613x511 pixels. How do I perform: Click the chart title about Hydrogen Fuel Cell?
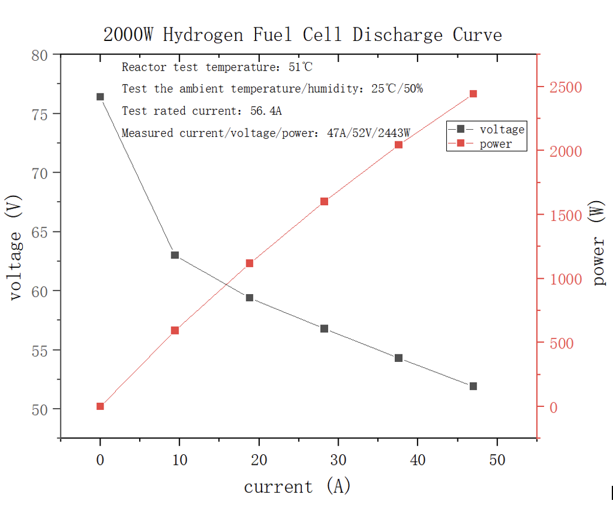coord(302,34)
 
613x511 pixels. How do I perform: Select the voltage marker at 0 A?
coord(100,97)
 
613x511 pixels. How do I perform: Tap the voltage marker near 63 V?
coord(175,255)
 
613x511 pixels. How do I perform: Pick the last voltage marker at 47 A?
coord(473,386)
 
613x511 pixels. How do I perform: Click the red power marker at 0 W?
coord(100,406)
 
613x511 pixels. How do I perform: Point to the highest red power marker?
coord(473,94)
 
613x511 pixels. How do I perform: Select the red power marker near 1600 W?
coord(324,202)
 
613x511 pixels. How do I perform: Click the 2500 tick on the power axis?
coord(566,88)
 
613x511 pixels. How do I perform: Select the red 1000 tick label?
coord(566,279)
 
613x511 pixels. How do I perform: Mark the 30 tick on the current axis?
coord(338,460)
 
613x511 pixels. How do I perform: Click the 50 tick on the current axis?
coord(497,460)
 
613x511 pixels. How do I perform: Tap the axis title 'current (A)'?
coord(297,486)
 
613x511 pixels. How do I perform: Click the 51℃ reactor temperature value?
coord(301,67)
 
